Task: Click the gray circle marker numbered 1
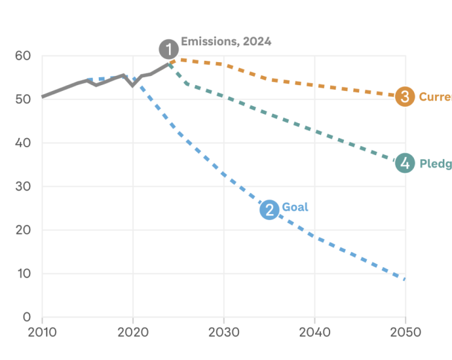(x=169, y=49)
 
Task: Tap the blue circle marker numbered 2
(x=269, y=209)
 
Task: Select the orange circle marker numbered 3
(x=405, y=97)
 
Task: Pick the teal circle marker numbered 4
(x=405, y=163)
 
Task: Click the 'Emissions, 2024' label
(x=226, y=41)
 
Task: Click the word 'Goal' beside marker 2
(x=295, y=207)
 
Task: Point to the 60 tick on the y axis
(x=23, y=56)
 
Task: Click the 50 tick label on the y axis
(x=23, y=99)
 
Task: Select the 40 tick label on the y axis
(x=23, y=143)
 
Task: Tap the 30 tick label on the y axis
(x=23, y=187)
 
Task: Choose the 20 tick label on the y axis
(x=23, y=230)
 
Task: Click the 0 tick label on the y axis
(x=27, y=317)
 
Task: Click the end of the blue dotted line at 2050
(x=405, y=279)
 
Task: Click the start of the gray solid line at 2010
(x=43, y=97)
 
